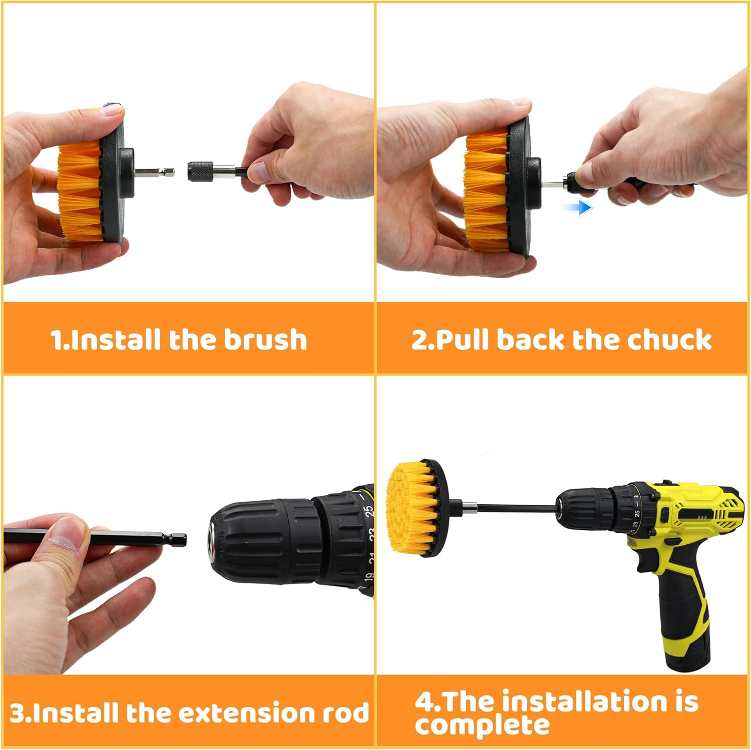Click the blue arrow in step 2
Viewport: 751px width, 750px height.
point(580,207)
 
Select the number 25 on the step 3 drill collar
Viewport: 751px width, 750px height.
point(368,511)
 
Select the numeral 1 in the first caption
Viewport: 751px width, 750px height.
point(56,340)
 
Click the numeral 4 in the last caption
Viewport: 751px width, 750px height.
point(425,701)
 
